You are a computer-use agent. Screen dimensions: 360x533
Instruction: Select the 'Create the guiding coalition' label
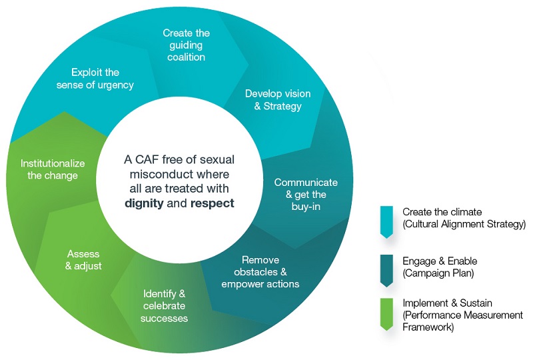tap(186, 45)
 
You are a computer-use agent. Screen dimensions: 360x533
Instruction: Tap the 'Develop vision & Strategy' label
tap(273, 99)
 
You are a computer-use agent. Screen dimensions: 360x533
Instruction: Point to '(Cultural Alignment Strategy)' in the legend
tap(464, 224)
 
